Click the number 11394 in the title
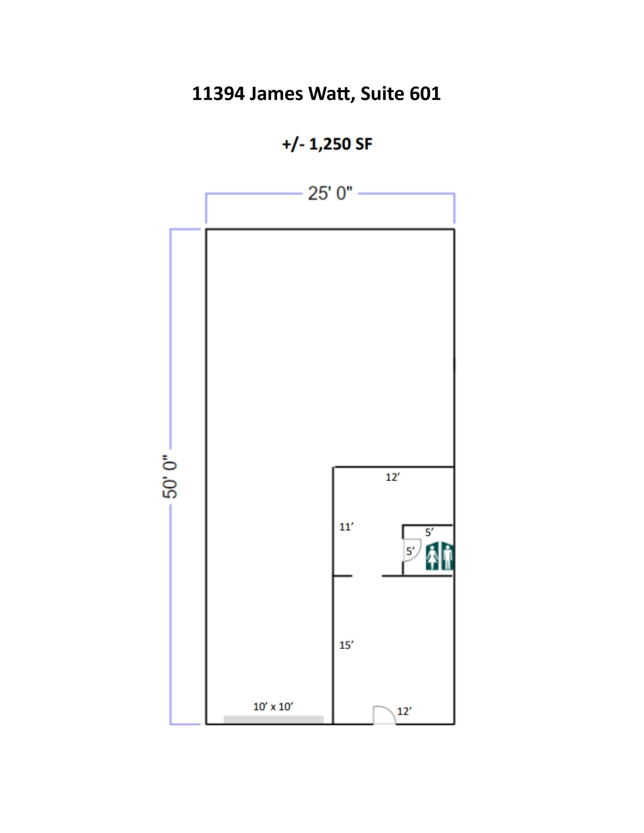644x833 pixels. [x=218, y=94]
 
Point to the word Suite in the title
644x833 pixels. [x=382, y=94]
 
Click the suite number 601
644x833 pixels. [x=425, y=94]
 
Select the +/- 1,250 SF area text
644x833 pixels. [x=327, y=144]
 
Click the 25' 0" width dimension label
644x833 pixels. [x=330, y=194]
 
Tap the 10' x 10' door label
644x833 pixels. [x=273, y=707]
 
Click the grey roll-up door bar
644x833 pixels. [x=273, y=720]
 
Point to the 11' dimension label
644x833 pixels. [x=346, y=527]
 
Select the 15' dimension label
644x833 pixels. [x=346, y=645]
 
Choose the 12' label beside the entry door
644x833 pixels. [x=404, y=711]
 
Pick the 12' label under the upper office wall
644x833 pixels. [x=393, y=478]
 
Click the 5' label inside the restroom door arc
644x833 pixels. [x=410, y=552]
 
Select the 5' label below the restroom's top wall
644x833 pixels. [x=429, y=532]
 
